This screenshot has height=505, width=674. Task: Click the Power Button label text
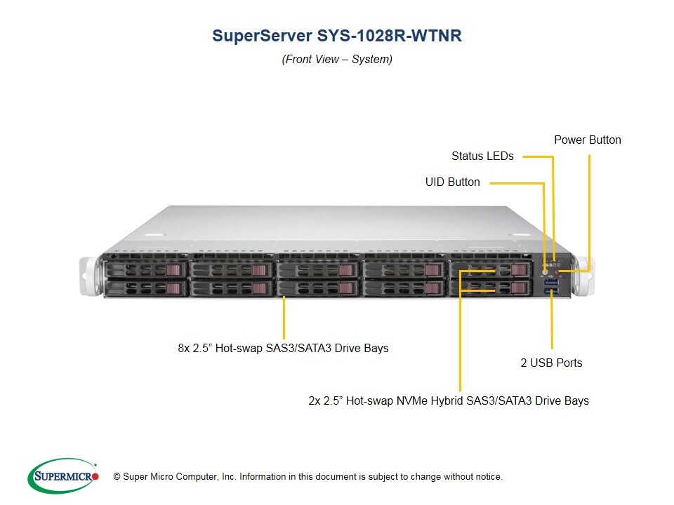click(587, 140)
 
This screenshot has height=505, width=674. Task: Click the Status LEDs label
click(482, 156)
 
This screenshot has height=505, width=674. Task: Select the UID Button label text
click(452, 182)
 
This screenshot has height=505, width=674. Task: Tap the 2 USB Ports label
click(551, 363)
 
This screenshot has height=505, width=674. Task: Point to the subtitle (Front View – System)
click(337, 60)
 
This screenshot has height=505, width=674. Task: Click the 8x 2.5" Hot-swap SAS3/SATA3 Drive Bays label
click(283, 347)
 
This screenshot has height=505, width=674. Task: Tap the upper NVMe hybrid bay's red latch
click(520, 271)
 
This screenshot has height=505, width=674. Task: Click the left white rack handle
click(88, 277)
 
